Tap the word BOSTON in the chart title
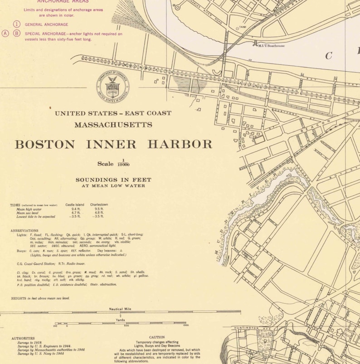45,145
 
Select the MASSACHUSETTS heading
113,125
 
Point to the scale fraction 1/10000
122,163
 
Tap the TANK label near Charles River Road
243,27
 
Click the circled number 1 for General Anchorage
17,24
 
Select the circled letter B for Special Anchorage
17,33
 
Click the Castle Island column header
75,205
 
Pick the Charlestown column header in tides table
99,205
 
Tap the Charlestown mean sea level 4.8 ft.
99,213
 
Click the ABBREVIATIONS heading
24,231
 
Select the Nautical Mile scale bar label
120,309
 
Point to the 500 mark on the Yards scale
126,325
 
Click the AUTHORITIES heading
23,338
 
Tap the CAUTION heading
157,337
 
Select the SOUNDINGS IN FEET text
113,180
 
